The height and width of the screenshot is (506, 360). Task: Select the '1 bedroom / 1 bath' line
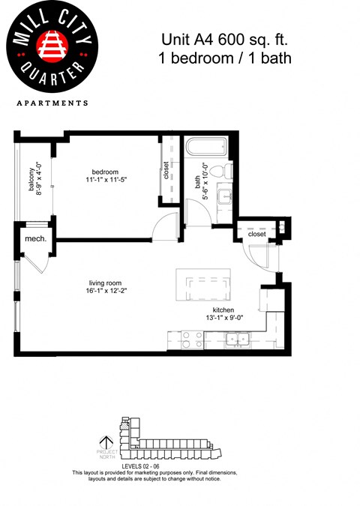pos(225,58)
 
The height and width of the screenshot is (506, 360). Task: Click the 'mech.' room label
pos(35,238)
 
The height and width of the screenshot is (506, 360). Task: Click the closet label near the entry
pos(257,235)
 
